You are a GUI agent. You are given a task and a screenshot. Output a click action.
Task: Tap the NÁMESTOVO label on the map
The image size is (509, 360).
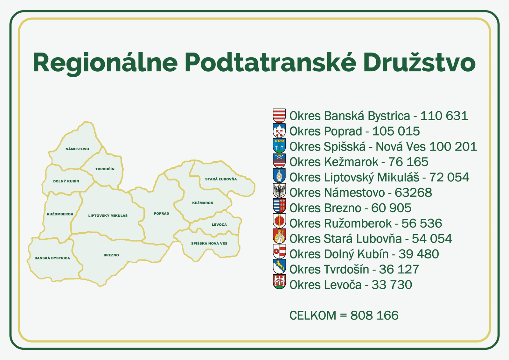[x=77, y=149]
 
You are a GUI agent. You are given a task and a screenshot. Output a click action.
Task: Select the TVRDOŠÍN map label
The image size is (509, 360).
[x=105, y=169]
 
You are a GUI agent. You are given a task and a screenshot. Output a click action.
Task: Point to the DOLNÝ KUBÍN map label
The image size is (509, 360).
[x=66, y=181]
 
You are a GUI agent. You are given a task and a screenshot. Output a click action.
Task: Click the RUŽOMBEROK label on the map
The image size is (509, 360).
[x=60, y=214]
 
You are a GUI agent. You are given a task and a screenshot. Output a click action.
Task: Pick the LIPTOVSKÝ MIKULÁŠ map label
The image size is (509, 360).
[x=108, y=216]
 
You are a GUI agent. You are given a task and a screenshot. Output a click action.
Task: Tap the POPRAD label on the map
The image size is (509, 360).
[x=162, y=214]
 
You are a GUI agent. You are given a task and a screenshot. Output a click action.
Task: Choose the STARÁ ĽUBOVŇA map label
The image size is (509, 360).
[x=221, y=179]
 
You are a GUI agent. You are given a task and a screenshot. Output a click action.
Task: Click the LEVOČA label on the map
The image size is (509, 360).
[x=219, y=225]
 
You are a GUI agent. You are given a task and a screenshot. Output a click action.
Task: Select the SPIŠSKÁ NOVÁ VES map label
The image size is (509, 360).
[x=209, y=244]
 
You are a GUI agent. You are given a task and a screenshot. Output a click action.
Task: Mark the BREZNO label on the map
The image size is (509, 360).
[x=111, y=255]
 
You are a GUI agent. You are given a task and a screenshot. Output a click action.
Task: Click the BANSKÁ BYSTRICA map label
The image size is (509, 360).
[x=52, y=258]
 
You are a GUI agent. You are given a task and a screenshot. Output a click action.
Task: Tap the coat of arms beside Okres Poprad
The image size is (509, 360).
[x=279, y=131]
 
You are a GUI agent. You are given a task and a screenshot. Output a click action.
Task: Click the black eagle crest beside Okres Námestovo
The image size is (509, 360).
[x=279, y=191]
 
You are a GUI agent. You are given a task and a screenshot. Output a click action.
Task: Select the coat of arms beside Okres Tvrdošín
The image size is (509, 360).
[x=279, y=267]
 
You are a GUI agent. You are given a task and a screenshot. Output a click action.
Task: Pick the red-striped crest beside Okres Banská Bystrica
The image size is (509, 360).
[x=279, y=116]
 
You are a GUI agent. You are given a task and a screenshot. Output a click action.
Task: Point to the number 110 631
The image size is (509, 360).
[x=444, y=116]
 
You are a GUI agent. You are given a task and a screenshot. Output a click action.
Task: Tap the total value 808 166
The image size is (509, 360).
[x=374, y=315]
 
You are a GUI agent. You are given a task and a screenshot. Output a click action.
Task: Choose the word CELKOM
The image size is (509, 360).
[x=313, y=315]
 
